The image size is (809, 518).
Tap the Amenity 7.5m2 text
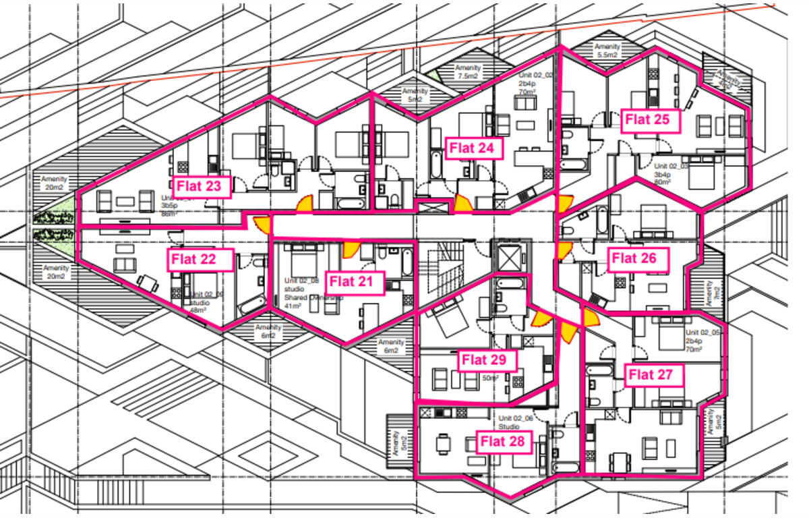click(x=468, y=72)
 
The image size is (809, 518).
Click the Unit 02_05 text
click(x=704, y=333)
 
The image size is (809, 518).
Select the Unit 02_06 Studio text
click(x=516, y=422)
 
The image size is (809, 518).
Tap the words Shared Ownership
click(x=310, y=297)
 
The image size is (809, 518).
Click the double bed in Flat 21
click(x=300, y=257)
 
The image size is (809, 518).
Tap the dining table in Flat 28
click(x=443, y=444)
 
